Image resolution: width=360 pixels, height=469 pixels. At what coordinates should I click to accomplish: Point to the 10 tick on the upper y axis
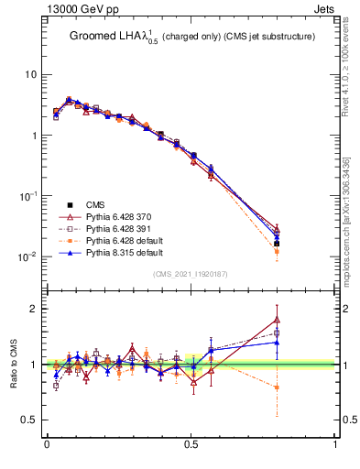[29, 74]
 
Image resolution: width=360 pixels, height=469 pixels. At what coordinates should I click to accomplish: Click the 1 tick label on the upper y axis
[32, 136]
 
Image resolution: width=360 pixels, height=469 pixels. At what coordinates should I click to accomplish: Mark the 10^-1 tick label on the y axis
[27, 196]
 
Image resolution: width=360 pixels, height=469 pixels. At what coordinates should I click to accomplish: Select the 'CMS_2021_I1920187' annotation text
[191, 274]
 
